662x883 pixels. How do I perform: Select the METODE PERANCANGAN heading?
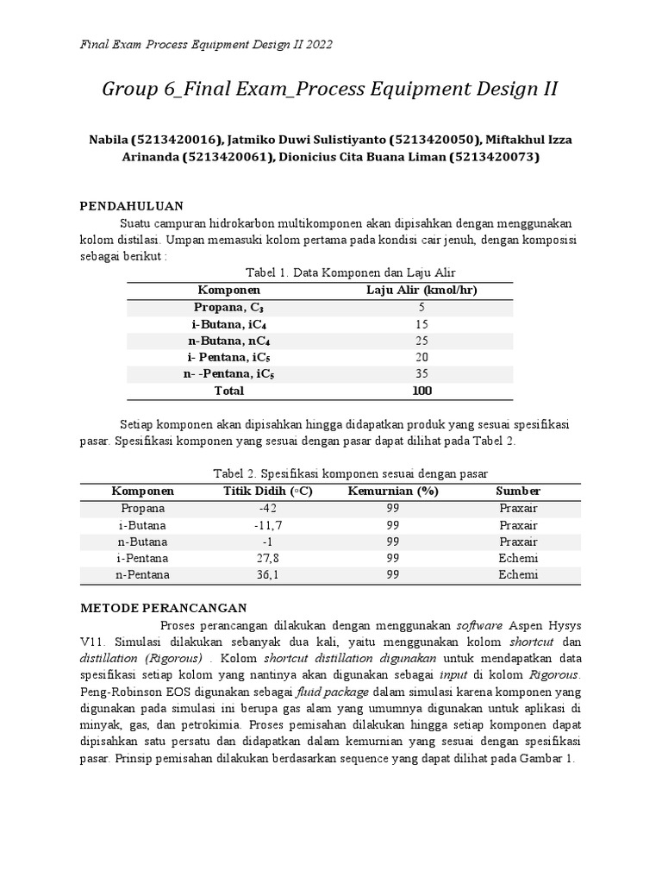tap(164, 607)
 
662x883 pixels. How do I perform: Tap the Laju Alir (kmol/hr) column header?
tap(422, 291)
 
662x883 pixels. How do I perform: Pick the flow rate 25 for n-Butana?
tap(422, 341)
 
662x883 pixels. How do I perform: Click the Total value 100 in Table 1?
tap(422, 391)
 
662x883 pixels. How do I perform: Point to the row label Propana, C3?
tap(228, 307)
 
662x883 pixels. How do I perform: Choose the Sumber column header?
tap(518, 491)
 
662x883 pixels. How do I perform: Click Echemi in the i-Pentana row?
tap(518, 558)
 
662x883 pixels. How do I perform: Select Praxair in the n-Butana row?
tap(518, 542)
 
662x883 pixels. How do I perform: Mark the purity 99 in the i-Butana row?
tap(393, 524)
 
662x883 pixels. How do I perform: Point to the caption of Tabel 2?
tap(350, 473)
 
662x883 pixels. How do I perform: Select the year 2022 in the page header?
tap(316, 43)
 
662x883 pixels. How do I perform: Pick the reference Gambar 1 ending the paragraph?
tap(547, 758)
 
